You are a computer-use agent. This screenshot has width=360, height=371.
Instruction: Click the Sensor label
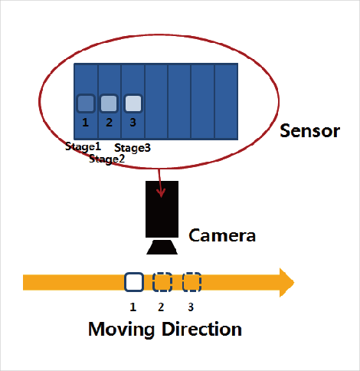point(309,131)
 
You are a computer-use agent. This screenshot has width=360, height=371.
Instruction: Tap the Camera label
point(222,235)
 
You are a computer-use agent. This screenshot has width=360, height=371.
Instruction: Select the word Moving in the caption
point(121,330)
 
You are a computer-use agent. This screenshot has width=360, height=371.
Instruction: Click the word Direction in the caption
point(201,329)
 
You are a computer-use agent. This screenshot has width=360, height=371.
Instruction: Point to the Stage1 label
point(83,146)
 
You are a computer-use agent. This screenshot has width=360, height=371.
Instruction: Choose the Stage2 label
point(106,159)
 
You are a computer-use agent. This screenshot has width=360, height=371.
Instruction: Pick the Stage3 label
point(133,148)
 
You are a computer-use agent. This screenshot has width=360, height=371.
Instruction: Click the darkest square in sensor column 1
point(86,103)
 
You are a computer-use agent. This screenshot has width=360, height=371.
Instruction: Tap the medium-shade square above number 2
point(109,103)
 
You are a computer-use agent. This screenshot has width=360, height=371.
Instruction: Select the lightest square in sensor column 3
point(133,103)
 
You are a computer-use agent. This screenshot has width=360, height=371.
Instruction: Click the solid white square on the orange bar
point(134,282)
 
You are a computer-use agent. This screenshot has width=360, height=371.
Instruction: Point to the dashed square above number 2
point(162,282)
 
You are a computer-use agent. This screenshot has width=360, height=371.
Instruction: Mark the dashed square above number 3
point(192,282)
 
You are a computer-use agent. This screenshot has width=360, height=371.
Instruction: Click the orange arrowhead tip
point(294,282)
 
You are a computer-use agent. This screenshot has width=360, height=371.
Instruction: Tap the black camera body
point(162,209)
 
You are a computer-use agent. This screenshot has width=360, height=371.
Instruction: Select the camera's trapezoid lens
point(162,247)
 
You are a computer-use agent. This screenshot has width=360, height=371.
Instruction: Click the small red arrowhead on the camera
point(161,193)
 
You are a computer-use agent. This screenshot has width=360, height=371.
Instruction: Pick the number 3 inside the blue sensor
point(133,123)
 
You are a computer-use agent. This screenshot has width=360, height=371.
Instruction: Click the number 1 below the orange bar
point(133,307)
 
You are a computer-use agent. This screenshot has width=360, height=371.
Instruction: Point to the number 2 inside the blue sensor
point(109,123)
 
